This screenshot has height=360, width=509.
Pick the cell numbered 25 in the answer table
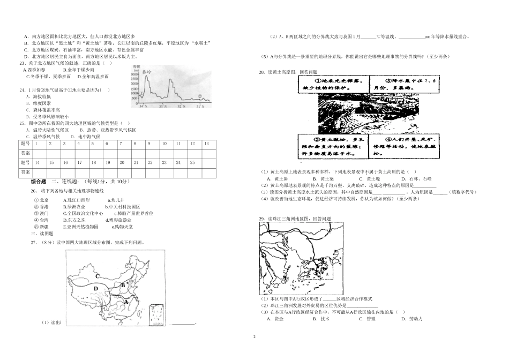(193, 162)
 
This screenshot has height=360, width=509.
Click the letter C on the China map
(97, 276)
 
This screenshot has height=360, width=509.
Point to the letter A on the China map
(126, 302)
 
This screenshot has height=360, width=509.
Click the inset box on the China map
(156, 314)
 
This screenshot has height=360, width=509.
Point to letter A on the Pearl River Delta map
(326, 273)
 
